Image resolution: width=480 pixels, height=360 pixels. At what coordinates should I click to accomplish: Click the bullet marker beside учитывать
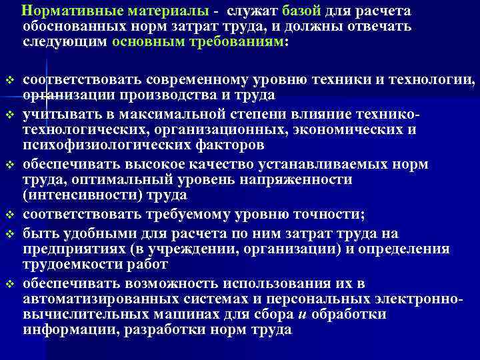[9, 113]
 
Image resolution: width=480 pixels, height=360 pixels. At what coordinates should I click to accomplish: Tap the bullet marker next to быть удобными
[9, 233]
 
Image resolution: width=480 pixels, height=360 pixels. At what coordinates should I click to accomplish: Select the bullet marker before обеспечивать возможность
[9, 284]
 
